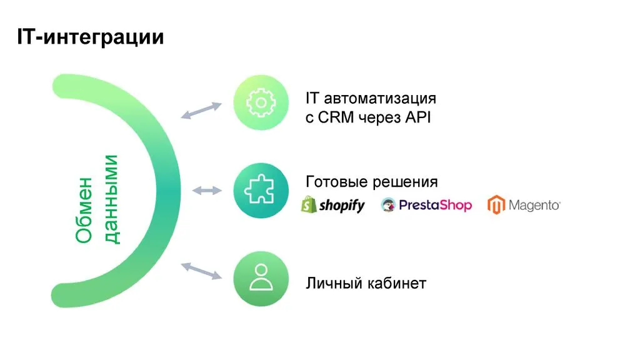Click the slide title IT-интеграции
(x=90, y=37)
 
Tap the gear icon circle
(x=261, y=102)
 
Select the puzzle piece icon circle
(x=261, y=192)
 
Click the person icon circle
(x=261, y=279)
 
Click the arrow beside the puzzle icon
(x=207, y=191)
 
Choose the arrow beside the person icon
(x=201, y=270)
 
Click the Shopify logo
(x=333, y=204)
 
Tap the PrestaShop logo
(x=426, y=205)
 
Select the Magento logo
(x=524, y=205)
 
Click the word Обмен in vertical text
(x=84, y=210)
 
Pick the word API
(x=417, y=117)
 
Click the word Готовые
(x=337, y=182)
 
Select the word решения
(x=406, y=182)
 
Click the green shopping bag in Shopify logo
(x=308, y=204)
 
